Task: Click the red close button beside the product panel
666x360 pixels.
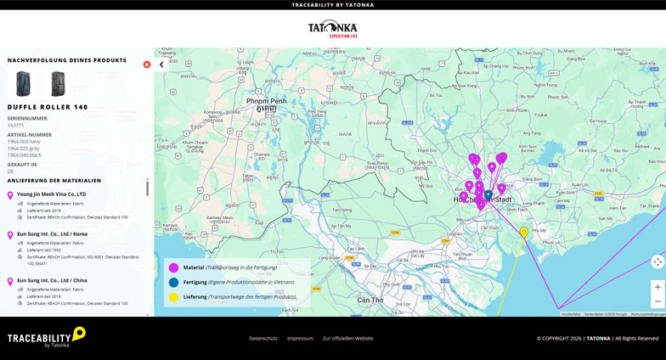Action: point(147,65)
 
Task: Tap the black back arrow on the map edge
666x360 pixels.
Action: point(161,65)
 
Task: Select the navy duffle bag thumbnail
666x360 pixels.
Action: point(23,84)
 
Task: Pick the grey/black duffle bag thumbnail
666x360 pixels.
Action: point(58,84)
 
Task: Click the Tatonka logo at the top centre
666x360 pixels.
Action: point(332,29)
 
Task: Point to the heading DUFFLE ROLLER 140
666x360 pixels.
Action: point(48,107)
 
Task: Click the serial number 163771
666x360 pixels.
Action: point(16,126)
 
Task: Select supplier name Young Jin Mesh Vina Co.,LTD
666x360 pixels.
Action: point(51,194)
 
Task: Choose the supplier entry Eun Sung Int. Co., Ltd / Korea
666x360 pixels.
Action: point(52,234)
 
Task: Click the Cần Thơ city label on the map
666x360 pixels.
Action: point(370,300)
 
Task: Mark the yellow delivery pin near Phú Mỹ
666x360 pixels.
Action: point(524,232)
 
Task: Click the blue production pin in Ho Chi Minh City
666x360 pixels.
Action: point(488,195)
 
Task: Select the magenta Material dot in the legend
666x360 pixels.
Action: point(174,267)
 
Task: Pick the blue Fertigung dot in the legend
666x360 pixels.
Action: point(174,282)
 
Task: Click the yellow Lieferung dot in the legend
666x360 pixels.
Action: point(174,297)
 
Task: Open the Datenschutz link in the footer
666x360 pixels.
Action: point(263,338)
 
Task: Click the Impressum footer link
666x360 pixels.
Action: point(300,338)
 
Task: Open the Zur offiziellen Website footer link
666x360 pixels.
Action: point(347,338)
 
